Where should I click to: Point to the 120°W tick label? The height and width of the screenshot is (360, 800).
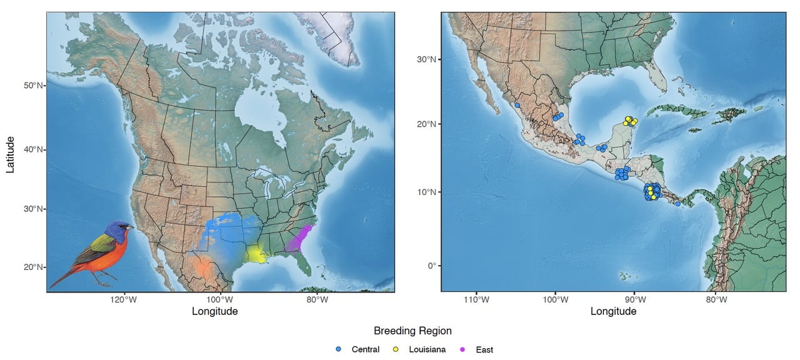click(x=124, y=299)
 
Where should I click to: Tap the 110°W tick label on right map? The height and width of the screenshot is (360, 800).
click(x=476, y=299)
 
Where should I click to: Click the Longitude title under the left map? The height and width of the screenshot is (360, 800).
click(x=214, y=311)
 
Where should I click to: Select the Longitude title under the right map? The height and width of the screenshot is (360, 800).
click(x=613, y=311)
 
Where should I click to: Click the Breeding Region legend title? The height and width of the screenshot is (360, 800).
click(x=412, y=331)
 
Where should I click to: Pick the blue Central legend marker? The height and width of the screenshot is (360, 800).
click(x=338, y=349)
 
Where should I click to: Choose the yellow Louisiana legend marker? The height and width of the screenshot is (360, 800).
click(x=396, y=349)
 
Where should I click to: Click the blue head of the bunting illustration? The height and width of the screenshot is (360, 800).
click(x=117, y=230)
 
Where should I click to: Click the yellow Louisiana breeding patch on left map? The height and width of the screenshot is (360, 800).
click(x=256, y=254)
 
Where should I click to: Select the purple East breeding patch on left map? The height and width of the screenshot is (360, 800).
click(x=299, y=239)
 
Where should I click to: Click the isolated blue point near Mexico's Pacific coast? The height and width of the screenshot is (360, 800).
click(x=517, y=106)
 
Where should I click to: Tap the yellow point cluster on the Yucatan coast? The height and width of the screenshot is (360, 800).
click(x=629, y=121)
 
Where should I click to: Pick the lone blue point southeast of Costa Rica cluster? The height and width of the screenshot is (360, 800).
click(x=677, y=204)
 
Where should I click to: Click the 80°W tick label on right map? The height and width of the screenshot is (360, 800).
click(x=716, y=299)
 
